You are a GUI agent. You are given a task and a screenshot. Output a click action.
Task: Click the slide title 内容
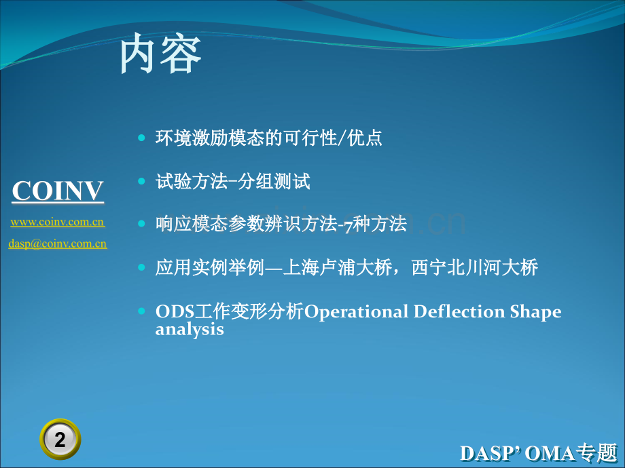[160, 54]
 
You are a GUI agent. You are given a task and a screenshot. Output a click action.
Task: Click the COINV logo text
[58, 191]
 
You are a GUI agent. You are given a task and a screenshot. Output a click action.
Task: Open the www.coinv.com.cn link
[58, 222]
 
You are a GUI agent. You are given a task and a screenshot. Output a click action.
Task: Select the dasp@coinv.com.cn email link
[58, 243]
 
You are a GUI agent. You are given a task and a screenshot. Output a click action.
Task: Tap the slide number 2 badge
[60, 440]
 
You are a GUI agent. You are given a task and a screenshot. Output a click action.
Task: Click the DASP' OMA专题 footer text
[539, 453]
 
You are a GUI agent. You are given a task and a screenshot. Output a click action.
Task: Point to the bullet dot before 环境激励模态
[141, 138]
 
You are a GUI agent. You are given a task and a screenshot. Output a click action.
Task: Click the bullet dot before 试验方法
[141, 181]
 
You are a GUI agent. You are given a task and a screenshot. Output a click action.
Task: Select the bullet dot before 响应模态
[141, 224]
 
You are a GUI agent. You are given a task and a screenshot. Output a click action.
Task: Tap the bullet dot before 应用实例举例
[141, 267]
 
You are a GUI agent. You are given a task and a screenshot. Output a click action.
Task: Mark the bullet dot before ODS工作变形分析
[141, 311]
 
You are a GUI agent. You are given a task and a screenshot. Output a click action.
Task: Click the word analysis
[190, 330]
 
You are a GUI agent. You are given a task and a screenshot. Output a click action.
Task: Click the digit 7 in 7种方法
[349, 226]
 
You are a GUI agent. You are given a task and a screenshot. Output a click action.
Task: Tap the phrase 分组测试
[274, 182]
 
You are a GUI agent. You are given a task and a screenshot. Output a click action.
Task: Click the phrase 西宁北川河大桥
[475, 267]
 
